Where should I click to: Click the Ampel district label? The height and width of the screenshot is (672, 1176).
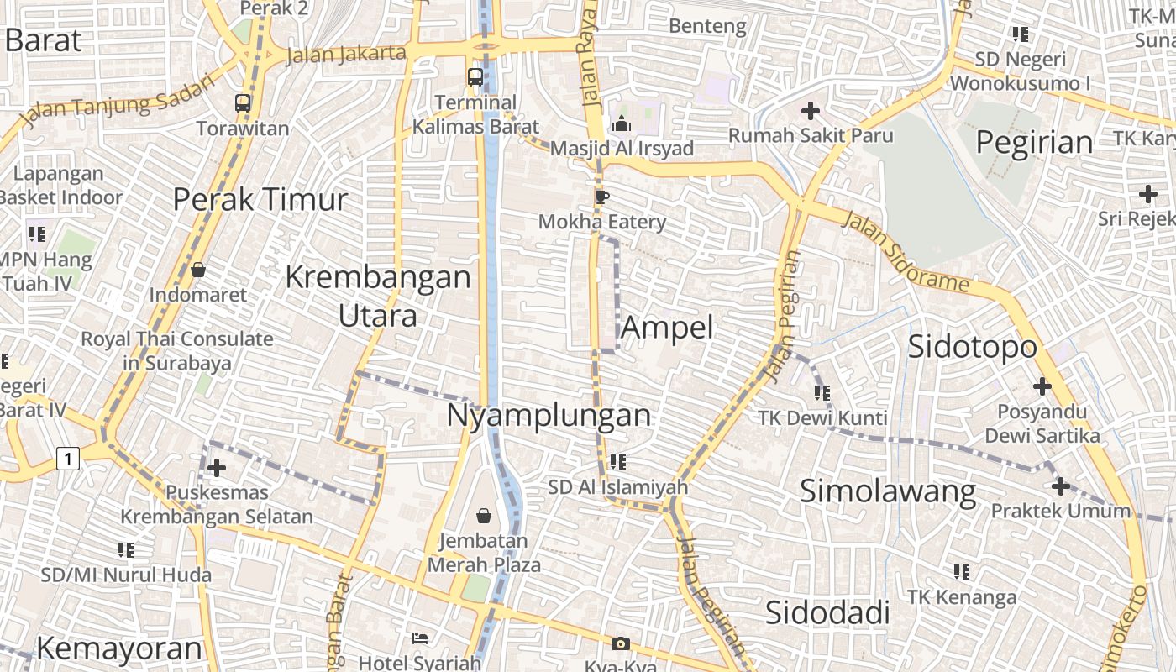(667, 328)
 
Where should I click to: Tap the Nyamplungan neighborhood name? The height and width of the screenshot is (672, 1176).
(549, 415)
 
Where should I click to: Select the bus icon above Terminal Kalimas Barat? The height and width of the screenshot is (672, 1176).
(475, 77)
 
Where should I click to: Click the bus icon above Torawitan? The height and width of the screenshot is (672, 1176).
(243, 103)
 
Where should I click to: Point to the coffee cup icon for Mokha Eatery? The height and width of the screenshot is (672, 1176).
(601, 197)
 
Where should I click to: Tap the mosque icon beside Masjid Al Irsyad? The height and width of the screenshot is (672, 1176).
(622, 123)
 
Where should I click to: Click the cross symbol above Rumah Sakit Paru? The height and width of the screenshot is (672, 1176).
(811, 110)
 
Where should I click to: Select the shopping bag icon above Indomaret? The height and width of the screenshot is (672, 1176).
(198, 270)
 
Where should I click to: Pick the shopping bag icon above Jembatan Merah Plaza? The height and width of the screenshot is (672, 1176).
(484, 515)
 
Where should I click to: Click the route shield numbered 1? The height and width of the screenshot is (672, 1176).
(68, 459)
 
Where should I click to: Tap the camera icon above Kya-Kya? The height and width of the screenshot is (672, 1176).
(621, 644)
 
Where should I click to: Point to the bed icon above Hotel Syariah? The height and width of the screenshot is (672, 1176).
(420, 638)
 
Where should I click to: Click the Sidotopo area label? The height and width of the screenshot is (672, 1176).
(972, 346)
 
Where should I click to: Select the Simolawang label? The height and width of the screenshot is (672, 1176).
(887, 491)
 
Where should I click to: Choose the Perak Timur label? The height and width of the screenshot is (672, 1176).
(260, 199)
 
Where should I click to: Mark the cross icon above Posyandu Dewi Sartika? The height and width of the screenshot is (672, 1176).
(1042, 386)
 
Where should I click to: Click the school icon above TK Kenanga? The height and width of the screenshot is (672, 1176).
(962, 572)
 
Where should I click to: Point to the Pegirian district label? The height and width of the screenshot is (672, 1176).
(1034, 143)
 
